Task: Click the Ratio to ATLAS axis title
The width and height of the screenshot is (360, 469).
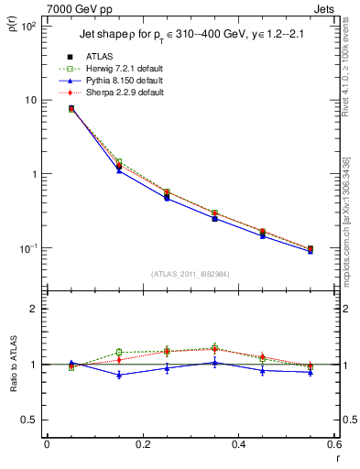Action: pyautogui.click(x=13, y=364)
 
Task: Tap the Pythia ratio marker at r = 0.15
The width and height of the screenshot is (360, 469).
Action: pyautogui.click(x=119, y=375)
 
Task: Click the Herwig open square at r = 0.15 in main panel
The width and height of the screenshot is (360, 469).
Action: pyautogui.click(x=119, y=162)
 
